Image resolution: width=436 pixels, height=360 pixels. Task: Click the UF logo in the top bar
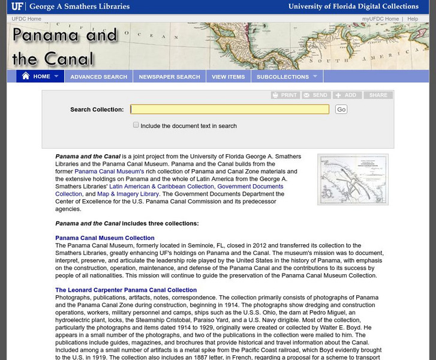point(17,7)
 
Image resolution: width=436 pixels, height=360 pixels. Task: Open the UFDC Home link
point(26,19)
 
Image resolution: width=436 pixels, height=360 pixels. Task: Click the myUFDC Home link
point(380,19)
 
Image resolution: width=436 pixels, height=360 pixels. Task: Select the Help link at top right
point(413,19)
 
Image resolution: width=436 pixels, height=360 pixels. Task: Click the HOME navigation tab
point(40,77)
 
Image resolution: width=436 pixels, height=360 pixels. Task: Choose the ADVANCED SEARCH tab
point(98,77)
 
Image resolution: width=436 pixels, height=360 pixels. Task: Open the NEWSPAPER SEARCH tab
point(169,77)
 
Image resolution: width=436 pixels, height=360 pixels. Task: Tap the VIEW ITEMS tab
point(228,77)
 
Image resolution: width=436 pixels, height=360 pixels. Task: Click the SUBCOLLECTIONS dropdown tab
point(287,77)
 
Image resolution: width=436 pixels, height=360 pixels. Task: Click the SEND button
point(315,95)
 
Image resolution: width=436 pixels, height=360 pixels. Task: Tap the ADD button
point(347,95)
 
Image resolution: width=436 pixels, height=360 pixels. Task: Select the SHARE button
point(378,95)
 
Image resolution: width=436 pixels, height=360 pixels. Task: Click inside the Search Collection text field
point(230,109)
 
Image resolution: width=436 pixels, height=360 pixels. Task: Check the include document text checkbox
point(136,125)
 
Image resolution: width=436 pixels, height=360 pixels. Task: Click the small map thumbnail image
point(353,179)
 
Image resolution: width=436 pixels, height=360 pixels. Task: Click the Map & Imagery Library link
point(128,194)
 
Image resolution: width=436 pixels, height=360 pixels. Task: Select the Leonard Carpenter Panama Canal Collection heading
point(126,290)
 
